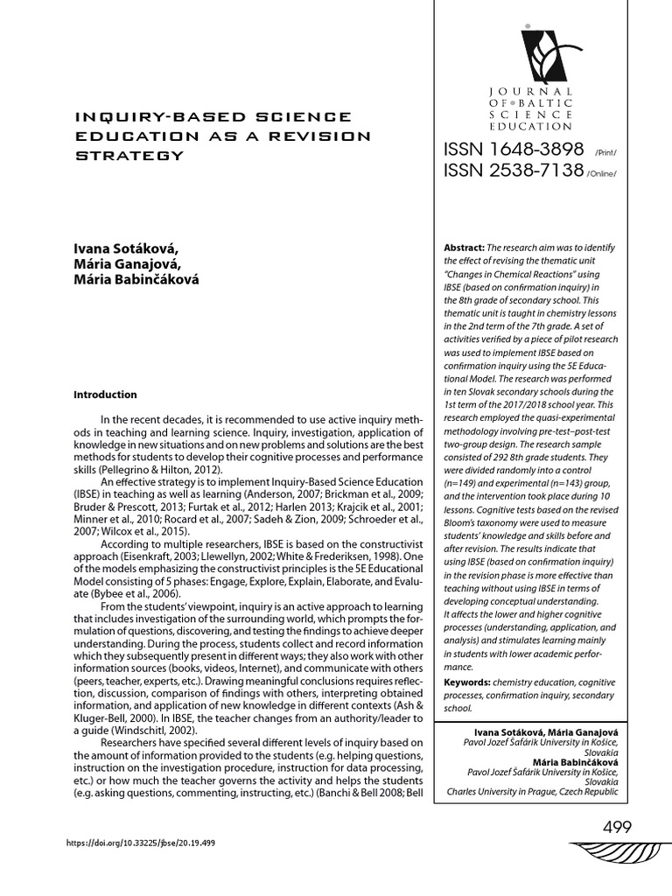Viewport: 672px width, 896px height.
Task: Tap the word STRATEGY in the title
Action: pyautogui.click(x=130, y=156)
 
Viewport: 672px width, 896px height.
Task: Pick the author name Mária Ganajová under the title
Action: pyautogui.click(x=128, y=264)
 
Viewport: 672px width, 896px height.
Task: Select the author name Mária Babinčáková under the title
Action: pyautogui.click(x=136, y=279)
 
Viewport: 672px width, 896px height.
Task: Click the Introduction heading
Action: pyautogui.click(x=105, y=395)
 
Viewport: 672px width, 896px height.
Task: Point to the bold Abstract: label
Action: pyautogui.click(x=465, y=248)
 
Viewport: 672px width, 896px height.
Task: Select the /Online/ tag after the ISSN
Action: pyautogui.click(x=602, y=174)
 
